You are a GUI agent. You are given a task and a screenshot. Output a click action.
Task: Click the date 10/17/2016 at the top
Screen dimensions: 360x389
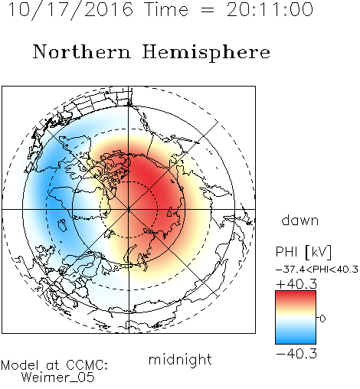click(x=70, y=10)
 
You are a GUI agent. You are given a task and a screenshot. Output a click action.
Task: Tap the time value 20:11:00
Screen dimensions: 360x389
click(x=270, y=10)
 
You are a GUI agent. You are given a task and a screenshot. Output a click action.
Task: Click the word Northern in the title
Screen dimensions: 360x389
click(x=82, y=51)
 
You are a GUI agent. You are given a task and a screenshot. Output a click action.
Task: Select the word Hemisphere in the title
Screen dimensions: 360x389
click(x=206, y=53)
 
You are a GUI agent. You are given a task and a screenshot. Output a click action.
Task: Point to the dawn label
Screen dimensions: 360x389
click(x=300, y=220)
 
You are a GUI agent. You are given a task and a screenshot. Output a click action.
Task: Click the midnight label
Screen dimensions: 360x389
click(x=180, y=360)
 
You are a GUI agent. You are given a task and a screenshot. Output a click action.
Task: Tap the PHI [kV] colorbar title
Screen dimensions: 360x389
click(x=303, y=252)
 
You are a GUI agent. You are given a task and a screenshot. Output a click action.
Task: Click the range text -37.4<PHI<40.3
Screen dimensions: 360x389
click(x=317, y=270)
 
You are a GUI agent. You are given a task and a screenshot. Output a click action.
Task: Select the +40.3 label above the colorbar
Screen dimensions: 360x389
click(x=296, y=284)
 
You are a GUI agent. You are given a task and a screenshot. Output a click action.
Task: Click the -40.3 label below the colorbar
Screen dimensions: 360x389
click(x=296, y=354)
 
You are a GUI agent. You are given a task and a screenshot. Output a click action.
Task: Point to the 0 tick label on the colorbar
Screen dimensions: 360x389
click(x=322, y=319)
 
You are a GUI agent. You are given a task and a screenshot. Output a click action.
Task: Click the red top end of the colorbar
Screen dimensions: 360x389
click(x=296, y=293)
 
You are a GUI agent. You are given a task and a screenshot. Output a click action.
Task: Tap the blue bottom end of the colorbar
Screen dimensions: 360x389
click(x=296, y=342)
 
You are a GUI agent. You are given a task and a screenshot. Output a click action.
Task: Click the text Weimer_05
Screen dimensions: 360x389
click(x=57, y=378)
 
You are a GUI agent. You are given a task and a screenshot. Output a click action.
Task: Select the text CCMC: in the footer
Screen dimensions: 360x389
click(x=87, y=365)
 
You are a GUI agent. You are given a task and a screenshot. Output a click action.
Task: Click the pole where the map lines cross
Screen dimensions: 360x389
click(x=129, y=209)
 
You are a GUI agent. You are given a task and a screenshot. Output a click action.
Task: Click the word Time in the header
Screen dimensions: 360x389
click(x=166, y=10)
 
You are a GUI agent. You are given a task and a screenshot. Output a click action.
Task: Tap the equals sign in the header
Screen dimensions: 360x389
click(x=208, y=10)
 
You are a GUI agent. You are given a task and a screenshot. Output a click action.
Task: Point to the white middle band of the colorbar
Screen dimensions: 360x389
click(x=296, y=318)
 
